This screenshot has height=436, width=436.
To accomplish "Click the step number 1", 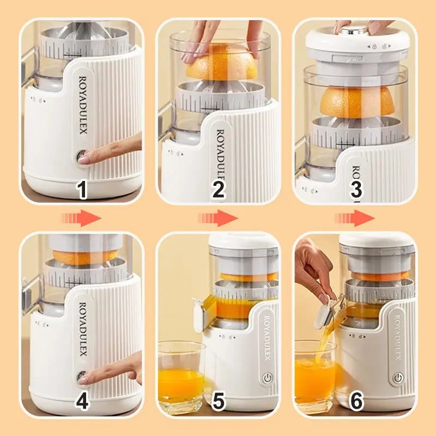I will [82, 190].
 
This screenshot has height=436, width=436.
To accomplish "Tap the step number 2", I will [219, 190].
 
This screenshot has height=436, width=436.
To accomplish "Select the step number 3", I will [356, 190].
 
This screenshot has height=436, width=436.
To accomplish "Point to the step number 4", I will [82, 402].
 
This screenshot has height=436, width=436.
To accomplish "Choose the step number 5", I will [219, 402].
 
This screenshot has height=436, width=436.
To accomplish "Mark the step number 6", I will [356, 402].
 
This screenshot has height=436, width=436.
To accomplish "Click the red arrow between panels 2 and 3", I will [219, 219].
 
